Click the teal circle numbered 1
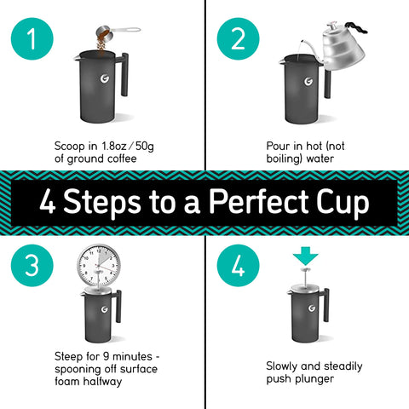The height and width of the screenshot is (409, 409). [32, 40]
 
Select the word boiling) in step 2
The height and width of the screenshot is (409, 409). [285, 158]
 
